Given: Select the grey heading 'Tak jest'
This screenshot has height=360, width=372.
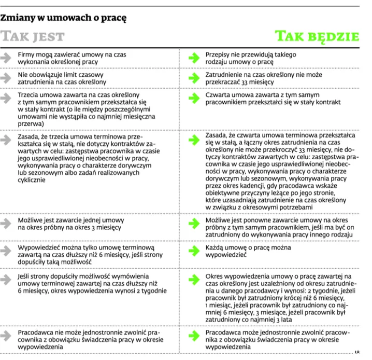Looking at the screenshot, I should click(32, 36).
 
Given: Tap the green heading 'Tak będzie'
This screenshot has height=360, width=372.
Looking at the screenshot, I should click(317, 36).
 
